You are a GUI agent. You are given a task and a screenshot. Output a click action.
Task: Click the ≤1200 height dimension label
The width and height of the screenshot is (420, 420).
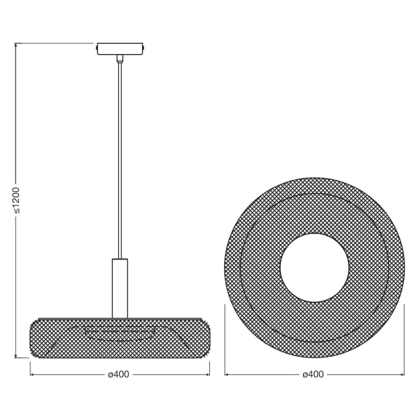16,200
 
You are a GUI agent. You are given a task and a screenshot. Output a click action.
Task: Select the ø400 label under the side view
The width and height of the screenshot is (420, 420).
119,375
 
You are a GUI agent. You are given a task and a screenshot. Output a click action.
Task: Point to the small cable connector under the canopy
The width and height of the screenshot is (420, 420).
120,59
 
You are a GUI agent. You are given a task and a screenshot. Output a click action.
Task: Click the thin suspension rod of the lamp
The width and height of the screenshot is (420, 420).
120,160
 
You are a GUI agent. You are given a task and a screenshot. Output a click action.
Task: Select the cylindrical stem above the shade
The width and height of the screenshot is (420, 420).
120,288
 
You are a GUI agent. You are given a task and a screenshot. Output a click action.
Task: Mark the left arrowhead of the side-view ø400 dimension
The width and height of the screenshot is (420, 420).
32,375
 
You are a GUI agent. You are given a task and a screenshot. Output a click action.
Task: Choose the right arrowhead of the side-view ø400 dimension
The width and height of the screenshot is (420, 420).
208,375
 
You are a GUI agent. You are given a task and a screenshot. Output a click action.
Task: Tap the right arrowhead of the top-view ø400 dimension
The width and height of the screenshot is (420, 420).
402,375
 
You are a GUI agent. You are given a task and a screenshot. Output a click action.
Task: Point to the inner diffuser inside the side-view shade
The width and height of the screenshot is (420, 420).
120,333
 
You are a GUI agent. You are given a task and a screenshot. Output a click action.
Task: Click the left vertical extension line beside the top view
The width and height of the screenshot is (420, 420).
225,339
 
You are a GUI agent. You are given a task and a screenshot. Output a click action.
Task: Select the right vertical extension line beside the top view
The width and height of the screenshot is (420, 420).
404,339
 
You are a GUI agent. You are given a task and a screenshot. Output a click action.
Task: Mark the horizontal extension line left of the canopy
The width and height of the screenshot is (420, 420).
53,44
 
